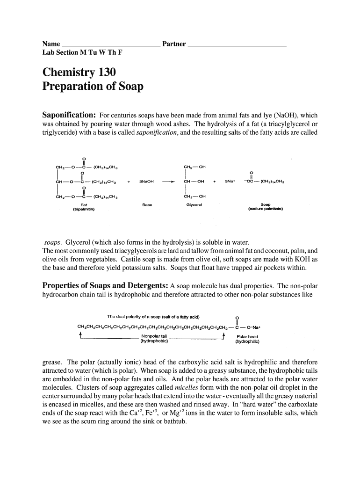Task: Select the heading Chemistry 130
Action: (x=79, y=72)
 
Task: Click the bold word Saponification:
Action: (x=69, y=115)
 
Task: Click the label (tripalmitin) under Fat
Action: (x=84, y=209)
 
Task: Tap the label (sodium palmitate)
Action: (x=266, y=209)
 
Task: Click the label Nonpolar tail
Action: (x=154, y=336)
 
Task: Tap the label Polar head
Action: (x=247, y=336)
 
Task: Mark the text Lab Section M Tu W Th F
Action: (x=82, y=52)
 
